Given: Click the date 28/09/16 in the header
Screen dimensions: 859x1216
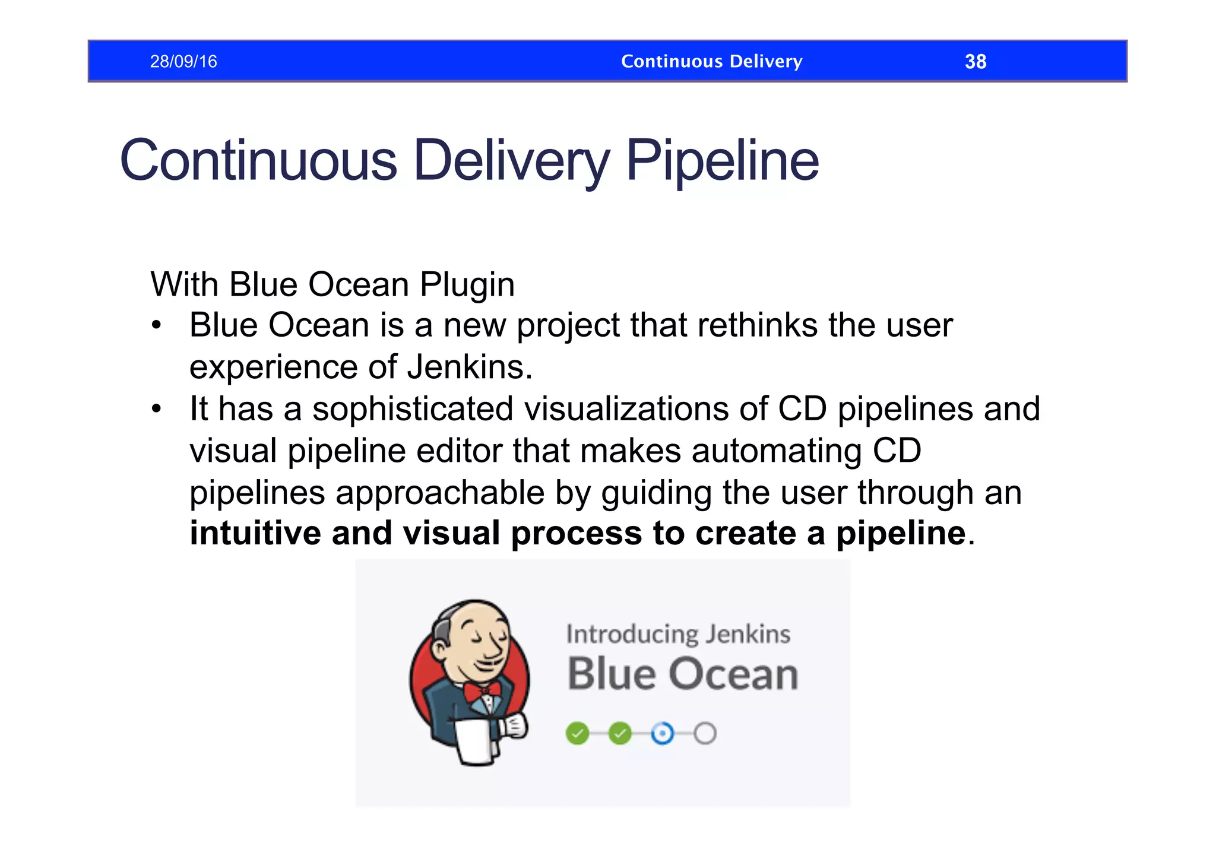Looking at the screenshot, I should [183, 61].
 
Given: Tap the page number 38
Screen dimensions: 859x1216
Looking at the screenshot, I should [975, 61].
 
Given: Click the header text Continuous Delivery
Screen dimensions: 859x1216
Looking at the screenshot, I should [711, 61].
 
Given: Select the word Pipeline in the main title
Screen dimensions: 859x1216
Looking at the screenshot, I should [722, 160].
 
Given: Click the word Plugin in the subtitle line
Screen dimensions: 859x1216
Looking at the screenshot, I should [467, 285].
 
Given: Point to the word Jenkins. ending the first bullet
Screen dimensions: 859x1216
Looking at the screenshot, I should [470, 367].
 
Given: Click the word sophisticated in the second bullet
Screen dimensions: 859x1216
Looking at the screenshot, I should [413, 409].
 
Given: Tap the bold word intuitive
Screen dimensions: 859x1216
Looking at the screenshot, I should [254, 532].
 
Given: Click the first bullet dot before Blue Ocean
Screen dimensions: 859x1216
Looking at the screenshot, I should [156, 325].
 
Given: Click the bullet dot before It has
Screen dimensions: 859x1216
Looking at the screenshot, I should [156, 409].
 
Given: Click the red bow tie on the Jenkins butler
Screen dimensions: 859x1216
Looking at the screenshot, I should [482, 692].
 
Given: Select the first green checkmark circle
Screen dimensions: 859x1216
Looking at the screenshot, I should [577, 733].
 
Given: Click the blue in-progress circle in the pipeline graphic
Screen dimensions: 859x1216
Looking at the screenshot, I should [662, 733].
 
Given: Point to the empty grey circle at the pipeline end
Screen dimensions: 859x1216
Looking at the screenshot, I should [705, 733].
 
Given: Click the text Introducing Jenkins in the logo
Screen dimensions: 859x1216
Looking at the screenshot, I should [678, 634].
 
